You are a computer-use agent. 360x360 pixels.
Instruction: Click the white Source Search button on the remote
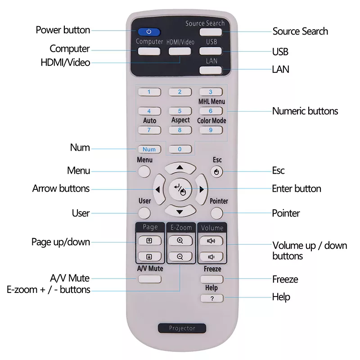click(211, 32)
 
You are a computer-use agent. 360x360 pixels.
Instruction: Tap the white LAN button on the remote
click(211, 70)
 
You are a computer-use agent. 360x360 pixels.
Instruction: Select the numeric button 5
click(180, 111)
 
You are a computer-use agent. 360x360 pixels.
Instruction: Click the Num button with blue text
click(149, 149)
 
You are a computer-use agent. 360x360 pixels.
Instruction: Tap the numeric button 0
click(180, 149)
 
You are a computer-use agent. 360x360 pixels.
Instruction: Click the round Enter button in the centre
click(180, 189)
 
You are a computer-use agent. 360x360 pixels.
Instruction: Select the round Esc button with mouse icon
click(216, 172)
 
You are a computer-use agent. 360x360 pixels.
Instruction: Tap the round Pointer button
click(216, 213)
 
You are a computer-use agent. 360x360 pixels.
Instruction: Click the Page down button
click(149, 256)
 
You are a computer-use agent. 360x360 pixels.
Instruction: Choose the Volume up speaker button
click(211, 241)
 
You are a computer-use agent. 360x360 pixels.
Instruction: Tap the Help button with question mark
click(211, 298)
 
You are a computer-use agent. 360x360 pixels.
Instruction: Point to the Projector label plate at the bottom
click(182, 328)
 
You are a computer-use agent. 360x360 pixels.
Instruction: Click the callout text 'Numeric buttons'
click(305, 111)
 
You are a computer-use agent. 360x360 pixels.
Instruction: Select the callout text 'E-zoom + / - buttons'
click(49, 290)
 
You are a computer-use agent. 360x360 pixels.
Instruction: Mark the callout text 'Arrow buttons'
click(61, 189)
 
